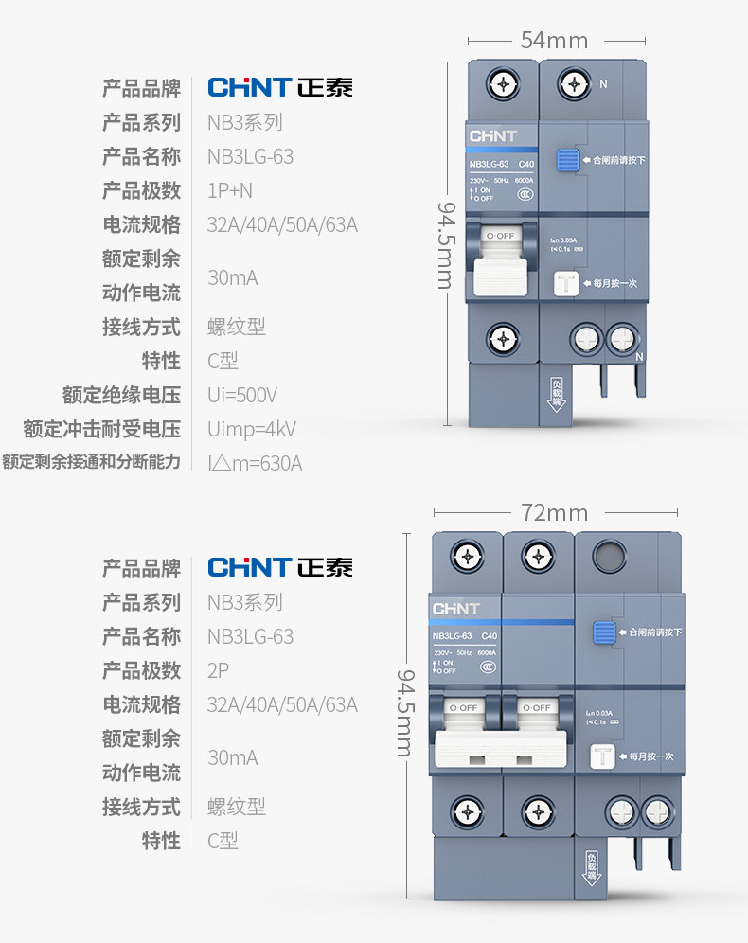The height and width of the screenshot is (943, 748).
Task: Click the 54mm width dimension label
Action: pos(554,41)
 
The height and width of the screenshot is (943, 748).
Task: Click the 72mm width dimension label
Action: pos(554,513)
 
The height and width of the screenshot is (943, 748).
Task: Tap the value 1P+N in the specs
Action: pos(230,190)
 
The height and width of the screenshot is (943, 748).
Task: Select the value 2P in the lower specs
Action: pos(218,670)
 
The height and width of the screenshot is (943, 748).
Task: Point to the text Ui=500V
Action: pos(242,395)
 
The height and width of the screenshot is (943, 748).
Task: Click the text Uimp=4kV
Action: pos(252,429)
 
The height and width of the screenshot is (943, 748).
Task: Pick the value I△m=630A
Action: pos(255,463)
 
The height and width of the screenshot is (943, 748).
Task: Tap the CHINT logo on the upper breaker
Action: pos(493,136)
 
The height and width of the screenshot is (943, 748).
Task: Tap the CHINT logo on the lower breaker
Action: pos(456,608)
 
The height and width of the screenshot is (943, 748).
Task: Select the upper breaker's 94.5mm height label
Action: pos(444,244)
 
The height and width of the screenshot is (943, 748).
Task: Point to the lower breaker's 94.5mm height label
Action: pos(404,713)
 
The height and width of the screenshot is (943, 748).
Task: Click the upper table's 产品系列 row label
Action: pos(141,122)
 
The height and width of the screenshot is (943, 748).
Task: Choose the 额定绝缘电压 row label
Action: pos(121,395)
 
